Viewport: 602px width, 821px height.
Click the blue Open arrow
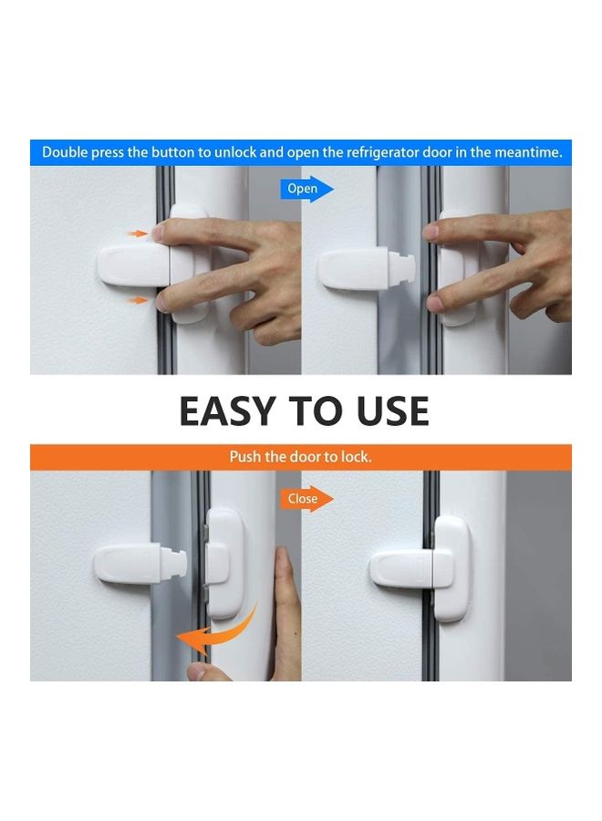pyautogui.click(x=306, y=189)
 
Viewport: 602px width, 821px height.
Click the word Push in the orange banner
pyautogui.click(x=245, y=456)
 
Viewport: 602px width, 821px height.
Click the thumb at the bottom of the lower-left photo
pyautogui.click(x=201, y=671)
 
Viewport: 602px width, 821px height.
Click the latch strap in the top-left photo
pyautogui.click(x=132, y=265)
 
